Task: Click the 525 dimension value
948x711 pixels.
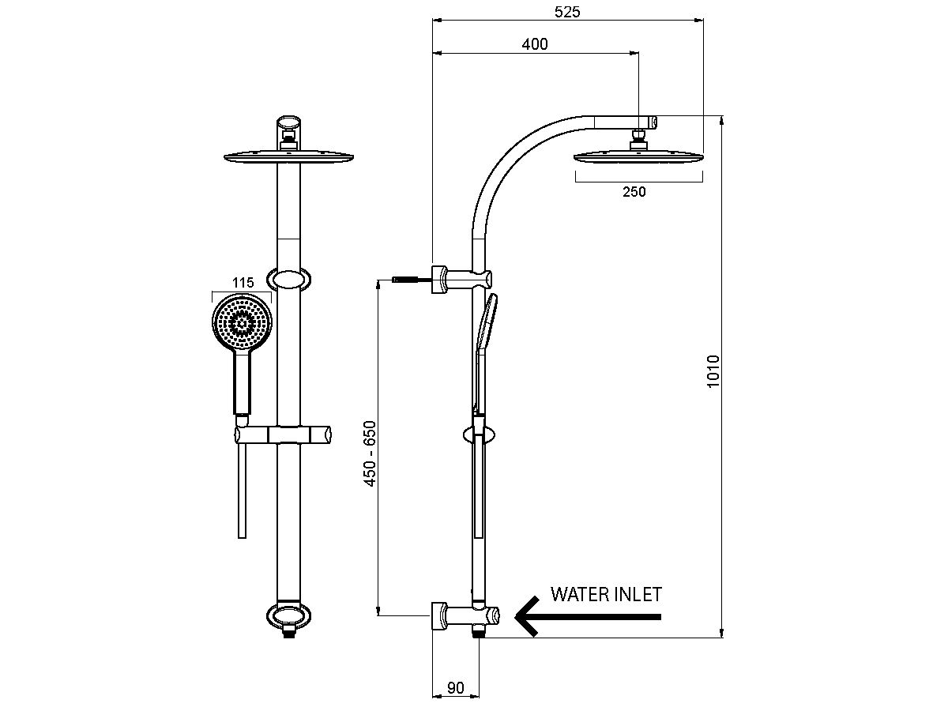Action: point(568,12)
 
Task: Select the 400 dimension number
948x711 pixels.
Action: point(535,44)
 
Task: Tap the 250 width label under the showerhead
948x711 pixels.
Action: point(634,191)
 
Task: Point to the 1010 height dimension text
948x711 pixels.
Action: point(713,371)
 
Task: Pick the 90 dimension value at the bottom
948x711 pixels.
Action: point(456,687)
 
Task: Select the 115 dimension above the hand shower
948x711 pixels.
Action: point(242,282)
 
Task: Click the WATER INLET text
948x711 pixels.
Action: point(606,594)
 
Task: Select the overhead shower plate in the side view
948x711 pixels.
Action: point(638,156)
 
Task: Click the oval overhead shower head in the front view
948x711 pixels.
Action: point(289,157)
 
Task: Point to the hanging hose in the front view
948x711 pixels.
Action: point(242,490)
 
